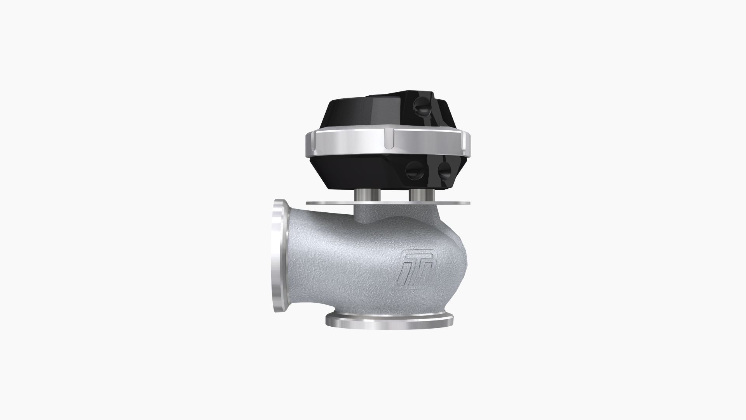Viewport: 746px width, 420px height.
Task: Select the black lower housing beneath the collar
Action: [x=361, y=173]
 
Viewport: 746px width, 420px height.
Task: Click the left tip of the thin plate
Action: [x=308, y=203]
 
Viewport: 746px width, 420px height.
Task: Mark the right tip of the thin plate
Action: [x=469, y=203]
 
